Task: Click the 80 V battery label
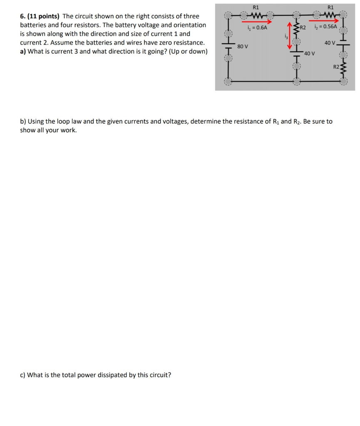pos(242,46)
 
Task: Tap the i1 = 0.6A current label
pos(257,27)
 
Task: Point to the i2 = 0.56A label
pos(326,26)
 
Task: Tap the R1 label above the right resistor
pos(330,7)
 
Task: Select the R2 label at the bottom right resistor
pos(336,67)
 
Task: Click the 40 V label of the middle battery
pos(309,53)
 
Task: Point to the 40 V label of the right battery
pos(330,43)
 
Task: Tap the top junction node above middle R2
pos(296,16)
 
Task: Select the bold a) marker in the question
pos(23,52)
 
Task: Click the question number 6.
pos(22,16)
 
